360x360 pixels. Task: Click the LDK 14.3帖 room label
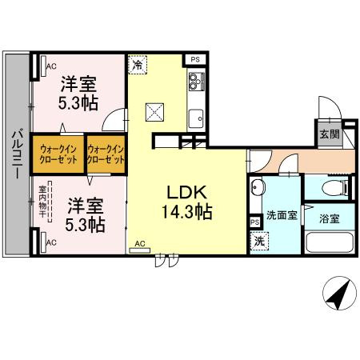coord(187,202)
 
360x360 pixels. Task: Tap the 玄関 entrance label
coord(330,134)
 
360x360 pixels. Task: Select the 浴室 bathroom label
coord(330,218)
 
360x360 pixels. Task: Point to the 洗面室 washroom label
coord(282,215)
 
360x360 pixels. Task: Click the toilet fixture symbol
coord(335,188)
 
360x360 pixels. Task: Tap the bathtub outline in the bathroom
coord(330,242)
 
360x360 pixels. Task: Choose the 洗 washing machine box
coord(259,241)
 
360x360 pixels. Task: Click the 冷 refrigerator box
coord(138,65)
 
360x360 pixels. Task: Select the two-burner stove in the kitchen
coord(196,82)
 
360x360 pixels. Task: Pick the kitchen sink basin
coord(196,118)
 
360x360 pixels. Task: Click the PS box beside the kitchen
coord(195,59)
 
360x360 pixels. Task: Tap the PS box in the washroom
coord(255,222)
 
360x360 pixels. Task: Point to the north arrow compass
coord(339,293)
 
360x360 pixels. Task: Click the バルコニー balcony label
coord(18,153)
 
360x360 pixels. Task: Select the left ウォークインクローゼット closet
coord(58,154)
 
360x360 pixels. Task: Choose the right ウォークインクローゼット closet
coord(106,154)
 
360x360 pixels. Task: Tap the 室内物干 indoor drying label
coord(42,202)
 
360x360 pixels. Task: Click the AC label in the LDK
coord(140,243)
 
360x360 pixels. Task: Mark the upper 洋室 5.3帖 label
coord(78,93)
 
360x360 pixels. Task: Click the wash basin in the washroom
coord(258,187)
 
